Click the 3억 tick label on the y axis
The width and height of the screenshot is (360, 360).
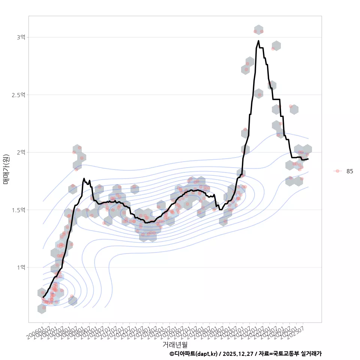coord(21,37)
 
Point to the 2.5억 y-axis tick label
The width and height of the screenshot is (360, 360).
coord(19,94)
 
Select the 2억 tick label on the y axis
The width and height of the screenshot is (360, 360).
coord(21,152)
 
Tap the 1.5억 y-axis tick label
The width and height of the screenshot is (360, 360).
coord(19,210)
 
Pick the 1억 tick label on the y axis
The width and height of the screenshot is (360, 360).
coord(21,267)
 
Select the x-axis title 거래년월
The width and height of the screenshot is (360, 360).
coord(175,344)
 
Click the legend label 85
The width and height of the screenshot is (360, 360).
coord(349,171)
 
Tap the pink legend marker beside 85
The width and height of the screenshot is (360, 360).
coord(337,171)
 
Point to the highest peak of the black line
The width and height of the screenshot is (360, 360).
coord(258,41)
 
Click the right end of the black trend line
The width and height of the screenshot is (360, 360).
coord(308,159)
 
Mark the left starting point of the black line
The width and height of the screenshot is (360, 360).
coord(43,297)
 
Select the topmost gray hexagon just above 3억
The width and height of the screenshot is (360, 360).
coord(258,30)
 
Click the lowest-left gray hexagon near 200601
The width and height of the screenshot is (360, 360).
coord(42,309)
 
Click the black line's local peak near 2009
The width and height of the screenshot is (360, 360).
coord(84,179)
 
